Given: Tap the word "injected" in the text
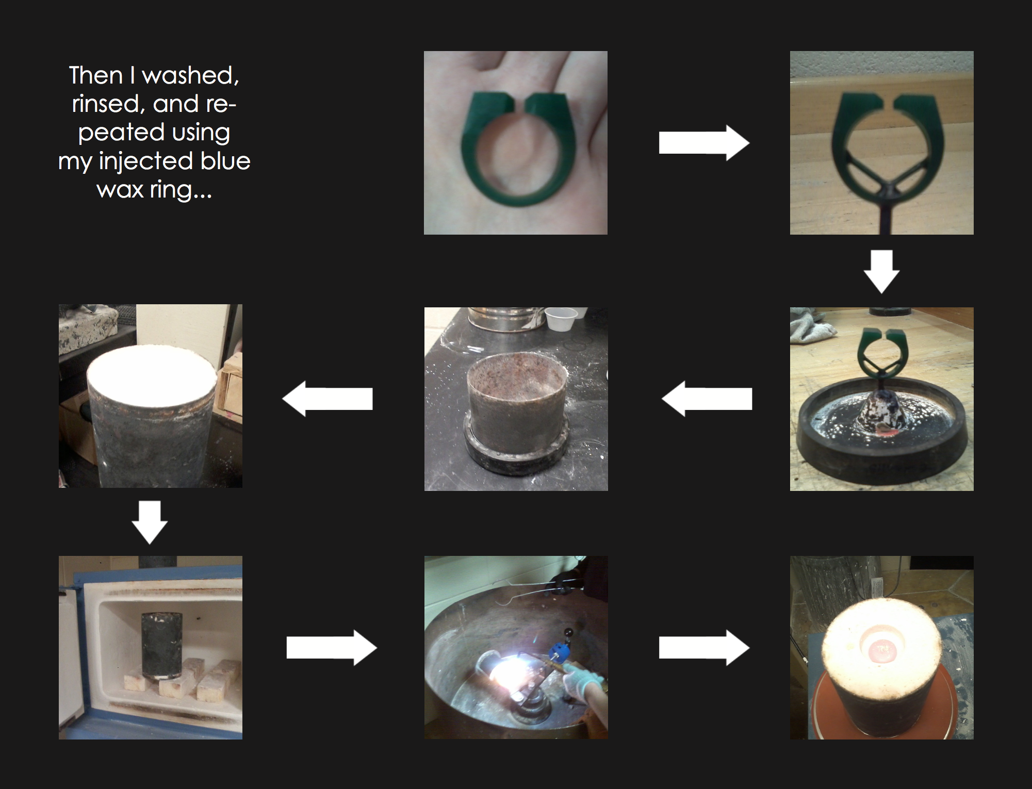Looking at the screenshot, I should point(145,161).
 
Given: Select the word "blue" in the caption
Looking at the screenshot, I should point(225,161).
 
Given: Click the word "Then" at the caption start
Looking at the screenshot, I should point(95,76).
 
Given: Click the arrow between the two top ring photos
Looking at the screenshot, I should point(703,143).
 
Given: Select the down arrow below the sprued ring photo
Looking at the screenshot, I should point(881,271).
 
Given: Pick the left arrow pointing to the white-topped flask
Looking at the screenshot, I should point(327,399).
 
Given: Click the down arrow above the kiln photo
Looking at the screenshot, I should point(150,522).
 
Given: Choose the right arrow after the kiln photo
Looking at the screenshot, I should point(331,648).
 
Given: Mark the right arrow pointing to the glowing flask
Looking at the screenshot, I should point(703,648).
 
